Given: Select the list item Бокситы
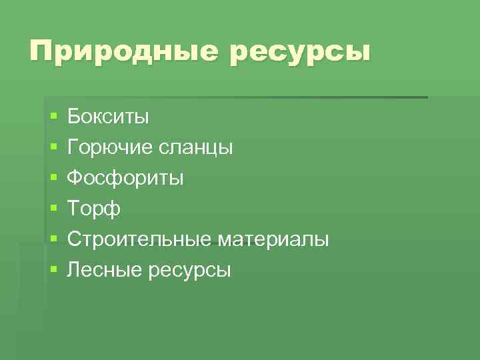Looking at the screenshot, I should point(109,117).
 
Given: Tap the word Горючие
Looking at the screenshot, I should point(110,147).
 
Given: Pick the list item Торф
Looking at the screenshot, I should point(94,209).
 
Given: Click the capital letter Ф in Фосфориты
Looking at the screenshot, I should point(75,178).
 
